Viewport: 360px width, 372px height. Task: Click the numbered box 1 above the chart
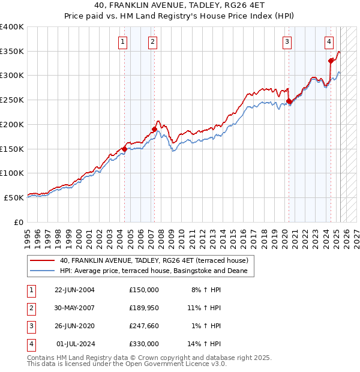tap(122, 41)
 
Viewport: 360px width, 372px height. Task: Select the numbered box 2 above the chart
tap(152, 41)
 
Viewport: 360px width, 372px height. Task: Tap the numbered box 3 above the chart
tap(287, 41)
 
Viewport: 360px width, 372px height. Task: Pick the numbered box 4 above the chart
tap(329, 41)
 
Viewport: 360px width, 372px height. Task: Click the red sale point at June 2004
tap(125, 149)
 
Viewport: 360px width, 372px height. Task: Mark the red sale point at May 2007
tap(154, 129)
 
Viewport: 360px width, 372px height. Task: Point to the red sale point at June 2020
tap(289, 101)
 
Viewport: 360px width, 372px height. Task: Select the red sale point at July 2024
tap(331, 60)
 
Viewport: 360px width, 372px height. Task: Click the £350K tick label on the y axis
tap(11, 52)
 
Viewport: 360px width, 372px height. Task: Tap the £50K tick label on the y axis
tap(14, 197)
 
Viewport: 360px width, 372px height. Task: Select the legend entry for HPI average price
tap(157, 271)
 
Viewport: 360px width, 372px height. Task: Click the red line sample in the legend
tap(43, 260)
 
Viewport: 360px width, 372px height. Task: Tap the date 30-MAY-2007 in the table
tap(74, 308)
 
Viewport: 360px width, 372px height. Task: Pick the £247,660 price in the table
tap(143, 326)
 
